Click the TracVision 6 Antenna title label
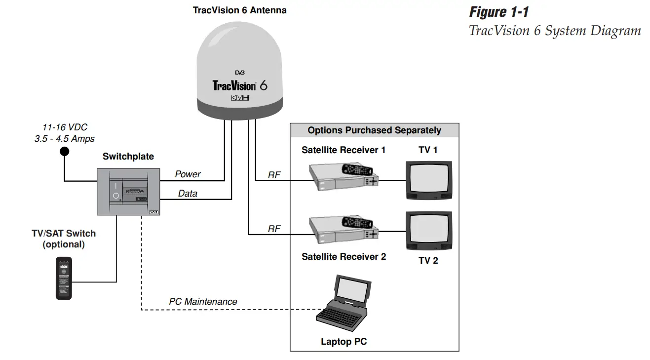pyautogui.click(x=239, y=10)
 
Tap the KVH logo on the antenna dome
pyautogui.click(x=240, y=98)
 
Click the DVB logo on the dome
pyautogui.click(x=240, y=73)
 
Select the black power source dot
pyautogui.click(x=64, y=151)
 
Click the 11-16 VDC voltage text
pyautogui.click(x=65, y=127)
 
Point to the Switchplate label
pyautogui.click(x=128, y=157)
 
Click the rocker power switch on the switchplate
pyautogui.click(x=115, y=191)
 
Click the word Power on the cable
pyautogui.click(x=188, y=174)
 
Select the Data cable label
pyautogui.click(x=188, y=194)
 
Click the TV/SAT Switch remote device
pyautogui.click(x=64, y=278)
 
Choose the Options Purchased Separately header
pyautogui.click(x=374, y=130)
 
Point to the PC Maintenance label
pyautogui.click(x=203, y=301)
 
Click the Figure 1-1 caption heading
pyautogui.click(x=498, y=11)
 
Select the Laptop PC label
pyautogui.click(x=344, y=341)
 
